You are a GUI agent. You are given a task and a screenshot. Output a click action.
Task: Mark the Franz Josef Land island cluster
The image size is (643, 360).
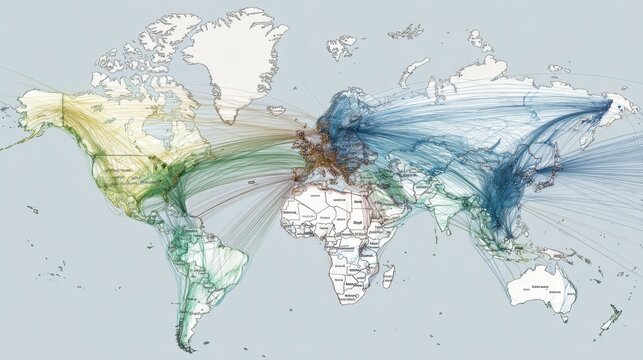[x=405, y=30]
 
